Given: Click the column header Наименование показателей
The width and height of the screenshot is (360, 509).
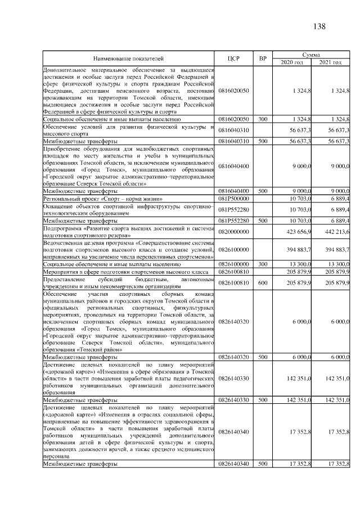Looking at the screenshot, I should point(129,58).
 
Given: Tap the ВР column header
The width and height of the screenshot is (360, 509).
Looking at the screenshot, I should point(262,58).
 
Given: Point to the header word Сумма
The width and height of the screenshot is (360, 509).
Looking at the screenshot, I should point(311,54).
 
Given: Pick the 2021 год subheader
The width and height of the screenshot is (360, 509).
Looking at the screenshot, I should point(330,62).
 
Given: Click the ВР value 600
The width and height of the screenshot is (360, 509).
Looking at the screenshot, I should point(262,282).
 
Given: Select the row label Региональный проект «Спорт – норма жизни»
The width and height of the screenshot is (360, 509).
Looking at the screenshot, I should point(103,199).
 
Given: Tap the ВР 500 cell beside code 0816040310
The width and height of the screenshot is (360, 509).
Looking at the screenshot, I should point(262,141).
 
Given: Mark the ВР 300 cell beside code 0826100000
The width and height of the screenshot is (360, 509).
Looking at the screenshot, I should point(262,263).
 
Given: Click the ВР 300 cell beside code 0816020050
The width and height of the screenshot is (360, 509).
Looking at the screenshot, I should point(262,120).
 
